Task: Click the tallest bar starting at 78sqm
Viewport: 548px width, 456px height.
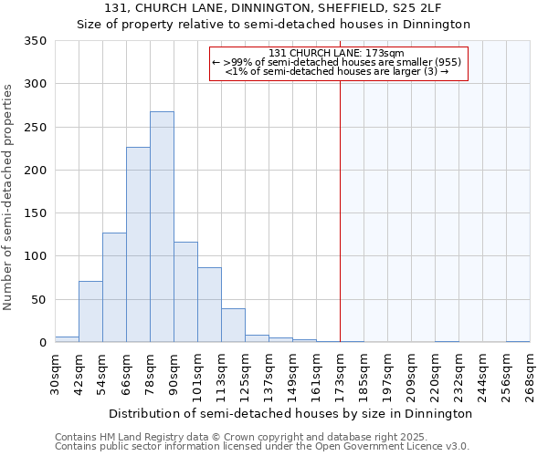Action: pos(162,227)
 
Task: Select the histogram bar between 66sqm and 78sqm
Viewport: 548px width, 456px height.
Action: pos(138,244)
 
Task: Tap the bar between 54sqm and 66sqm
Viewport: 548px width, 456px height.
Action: pos(114,287)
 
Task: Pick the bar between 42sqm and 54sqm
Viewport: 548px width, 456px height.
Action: pos(90,312)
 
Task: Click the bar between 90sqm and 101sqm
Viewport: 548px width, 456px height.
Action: pos(185,292)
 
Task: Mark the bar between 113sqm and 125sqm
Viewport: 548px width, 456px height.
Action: pos(233,326)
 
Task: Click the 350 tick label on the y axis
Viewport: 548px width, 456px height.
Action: pos(35,41)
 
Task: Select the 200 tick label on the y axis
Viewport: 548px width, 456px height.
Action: pos(35,171)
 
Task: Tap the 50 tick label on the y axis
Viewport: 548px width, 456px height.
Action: pos(38,300)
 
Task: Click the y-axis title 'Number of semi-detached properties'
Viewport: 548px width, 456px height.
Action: pos(9,196)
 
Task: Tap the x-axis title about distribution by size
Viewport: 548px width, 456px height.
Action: pos(292,413)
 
